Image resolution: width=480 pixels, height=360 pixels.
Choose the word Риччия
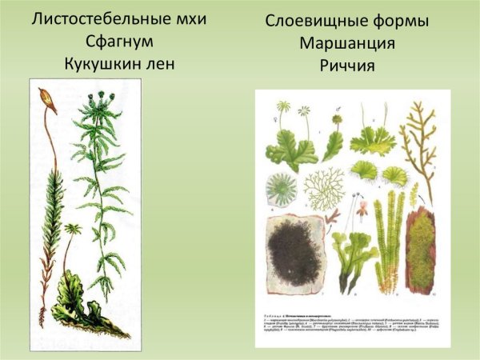click(x=346, y=63)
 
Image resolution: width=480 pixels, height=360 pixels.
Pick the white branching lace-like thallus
click(x=323, y=188)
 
